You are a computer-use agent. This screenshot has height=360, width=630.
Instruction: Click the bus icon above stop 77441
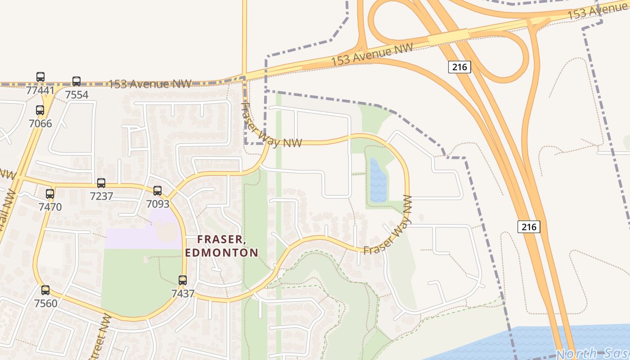click(x=40, y=77)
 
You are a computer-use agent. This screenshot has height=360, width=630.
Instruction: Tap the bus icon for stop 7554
click(x=76, y=81)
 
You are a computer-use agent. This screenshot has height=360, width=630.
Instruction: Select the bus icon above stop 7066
click(x=40, y=110)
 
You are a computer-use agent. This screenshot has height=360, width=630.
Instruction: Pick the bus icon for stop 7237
click(x=101, y=183)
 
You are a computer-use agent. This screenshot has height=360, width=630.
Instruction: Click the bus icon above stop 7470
click(x=50, y=194)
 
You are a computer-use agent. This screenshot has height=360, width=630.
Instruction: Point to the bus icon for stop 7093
click(x=157, y=191)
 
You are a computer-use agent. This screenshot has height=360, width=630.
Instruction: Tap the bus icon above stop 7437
click(x=183, y=280)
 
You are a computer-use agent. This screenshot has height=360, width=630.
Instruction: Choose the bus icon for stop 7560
click(x=45, y=290)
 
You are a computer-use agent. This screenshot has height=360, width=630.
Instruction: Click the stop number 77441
click(x=40, y=90)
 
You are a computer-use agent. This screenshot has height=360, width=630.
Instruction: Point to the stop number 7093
click(x=158, y=204)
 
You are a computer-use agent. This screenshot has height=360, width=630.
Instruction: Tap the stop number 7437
click(x=183, y=294)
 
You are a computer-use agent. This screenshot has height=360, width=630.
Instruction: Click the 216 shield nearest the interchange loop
click(x=459, y=67)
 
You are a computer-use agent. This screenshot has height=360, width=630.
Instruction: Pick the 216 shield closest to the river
click(x=529, y=226)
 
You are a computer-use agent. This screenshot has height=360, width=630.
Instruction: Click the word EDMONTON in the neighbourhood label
click(x=221, y=252)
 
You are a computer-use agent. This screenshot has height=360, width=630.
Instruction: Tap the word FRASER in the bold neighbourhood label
click(x=221, y=240)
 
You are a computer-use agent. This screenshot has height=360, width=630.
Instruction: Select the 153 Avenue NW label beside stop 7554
click(x=150, y=84)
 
